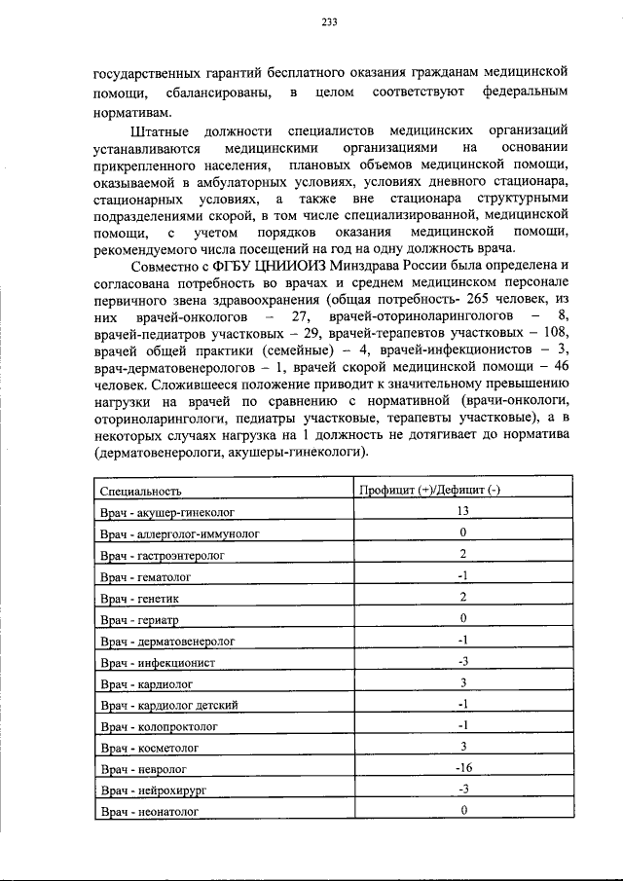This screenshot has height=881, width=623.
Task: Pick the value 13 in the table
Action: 463,511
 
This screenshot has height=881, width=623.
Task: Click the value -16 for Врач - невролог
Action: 463,768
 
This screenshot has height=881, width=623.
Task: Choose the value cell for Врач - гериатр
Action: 463,618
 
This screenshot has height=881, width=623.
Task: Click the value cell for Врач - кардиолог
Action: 463,682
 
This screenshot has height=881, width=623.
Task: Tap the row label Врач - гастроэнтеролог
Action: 162,555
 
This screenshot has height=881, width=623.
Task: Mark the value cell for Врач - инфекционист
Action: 463,661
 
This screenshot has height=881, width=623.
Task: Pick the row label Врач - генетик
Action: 137,597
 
